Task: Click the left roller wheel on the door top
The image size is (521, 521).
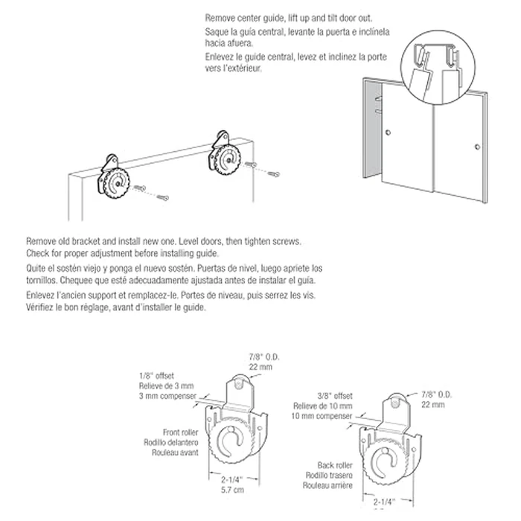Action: coord(117,182)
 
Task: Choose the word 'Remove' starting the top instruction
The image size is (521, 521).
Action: coord(220,16)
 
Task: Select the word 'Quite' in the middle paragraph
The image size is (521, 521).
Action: coord(36,267)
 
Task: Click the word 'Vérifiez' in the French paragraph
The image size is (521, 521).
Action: coord(42,307)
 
